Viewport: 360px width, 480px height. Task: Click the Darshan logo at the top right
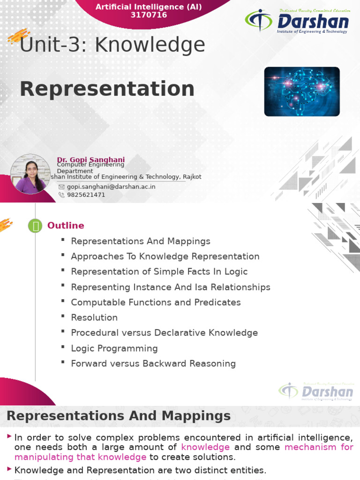pos(297,22)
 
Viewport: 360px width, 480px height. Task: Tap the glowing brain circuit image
pos(302,91)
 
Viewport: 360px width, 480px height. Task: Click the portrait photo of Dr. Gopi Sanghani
pos(30,174)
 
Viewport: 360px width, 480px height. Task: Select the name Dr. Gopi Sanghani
pos(91,160)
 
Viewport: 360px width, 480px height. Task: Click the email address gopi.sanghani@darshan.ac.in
pos(111,187)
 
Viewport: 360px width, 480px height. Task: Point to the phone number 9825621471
pos(86,195)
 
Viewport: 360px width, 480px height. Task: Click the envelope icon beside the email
pos(61,187)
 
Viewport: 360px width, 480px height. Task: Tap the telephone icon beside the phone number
pos(61,195)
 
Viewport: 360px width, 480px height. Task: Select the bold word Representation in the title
pos(107,89)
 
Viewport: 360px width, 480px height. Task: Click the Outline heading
pos(66,225)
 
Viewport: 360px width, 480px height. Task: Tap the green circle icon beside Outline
pos(36,226)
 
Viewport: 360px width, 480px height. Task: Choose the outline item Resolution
pos(94,317)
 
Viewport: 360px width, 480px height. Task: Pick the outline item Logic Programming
pos(114,348)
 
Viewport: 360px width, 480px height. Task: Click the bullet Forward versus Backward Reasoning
pos(153,363)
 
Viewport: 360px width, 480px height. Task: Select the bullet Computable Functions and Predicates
pos(156,302)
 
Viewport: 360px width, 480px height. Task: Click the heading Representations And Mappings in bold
pos(119,416)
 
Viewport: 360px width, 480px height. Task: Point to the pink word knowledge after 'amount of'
pos(205,447)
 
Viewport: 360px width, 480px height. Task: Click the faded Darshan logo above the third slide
pos(316,391)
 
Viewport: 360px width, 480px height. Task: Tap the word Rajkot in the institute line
pos(191,177)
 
